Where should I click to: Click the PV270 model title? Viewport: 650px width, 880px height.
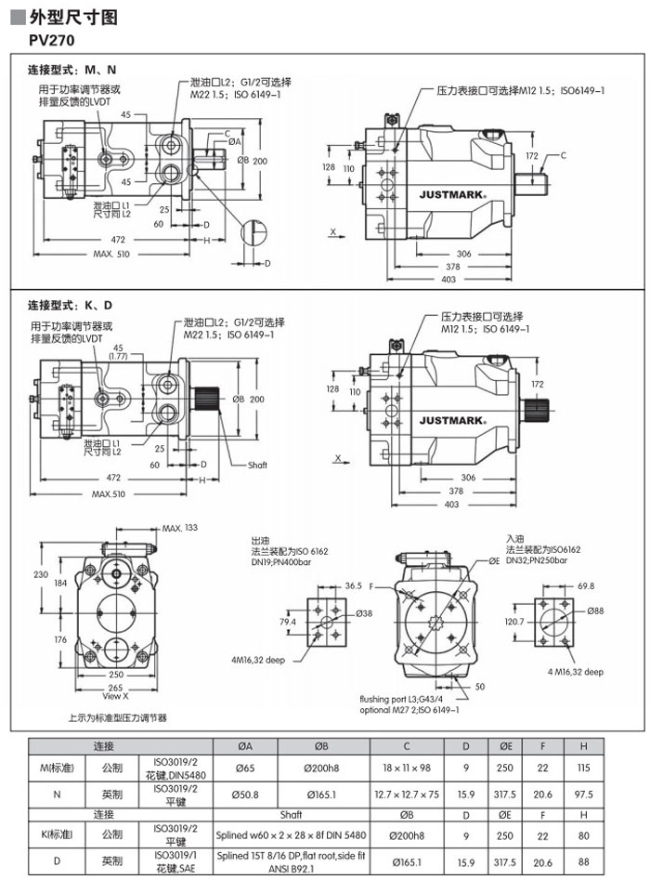[x=53, y=40]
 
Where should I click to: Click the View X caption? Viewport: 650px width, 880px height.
[x=115, y=695]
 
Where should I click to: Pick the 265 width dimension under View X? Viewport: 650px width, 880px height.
[x=114, y=687]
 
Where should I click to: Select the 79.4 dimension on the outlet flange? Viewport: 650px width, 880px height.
[x=288, y=622]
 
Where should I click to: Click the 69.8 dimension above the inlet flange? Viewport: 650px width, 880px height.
[x=586, y=586]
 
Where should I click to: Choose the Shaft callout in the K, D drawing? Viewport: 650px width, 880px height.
[x=257, y=465]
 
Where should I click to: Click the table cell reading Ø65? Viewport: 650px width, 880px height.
[x=245, y=768]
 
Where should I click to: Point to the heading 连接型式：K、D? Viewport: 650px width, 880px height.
[x=71, y=305]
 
